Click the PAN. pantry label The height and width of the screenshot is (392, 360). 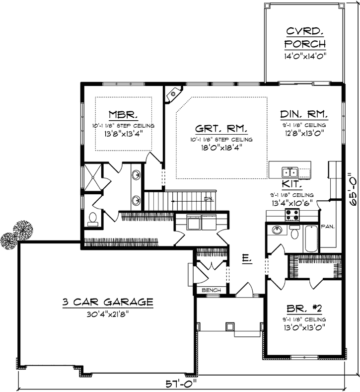[x=327, y=226]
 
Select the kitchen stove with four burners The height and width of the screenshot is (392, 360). [x=291, y=216]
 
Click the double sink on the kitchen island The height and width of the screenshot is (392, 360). [x=289, y=172]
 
